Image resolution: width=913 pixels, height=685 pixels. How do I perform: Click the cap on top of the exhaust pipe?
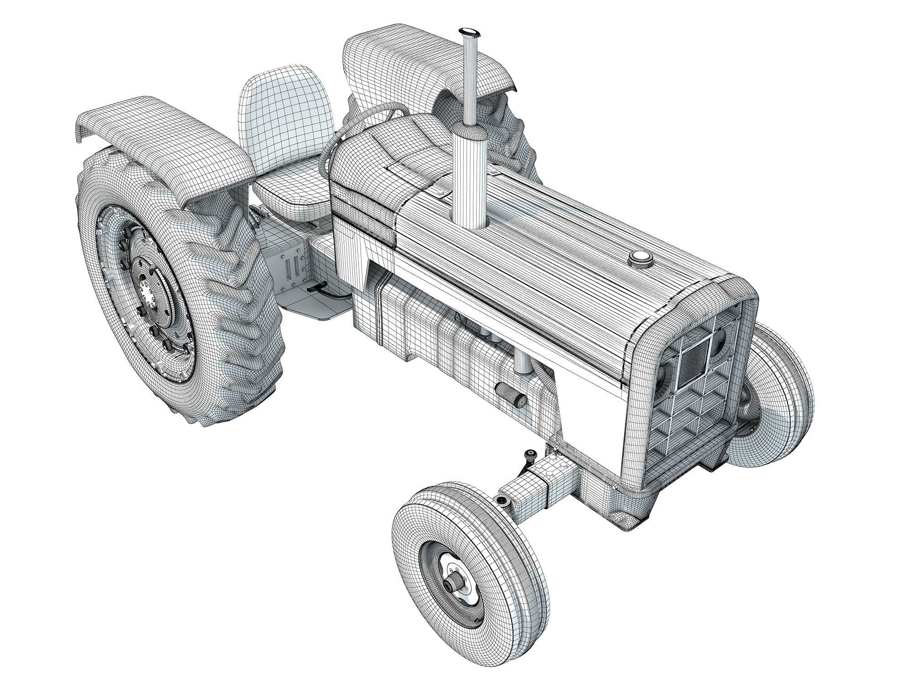point(469,32)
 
